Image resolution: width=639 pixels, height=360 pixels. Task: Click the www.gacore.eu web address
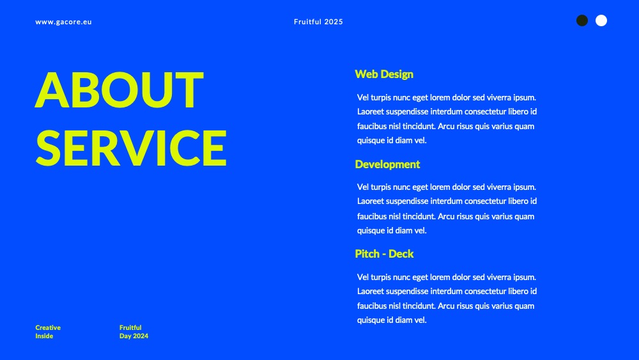point(63,22)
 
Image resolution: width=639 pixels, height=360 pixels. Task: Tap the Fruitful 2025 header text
point(318,22)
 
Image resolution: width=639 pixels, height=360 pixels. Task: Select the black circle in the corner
point(582,20)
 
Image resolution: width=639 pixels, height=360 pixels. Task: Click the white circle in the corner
point(601,20)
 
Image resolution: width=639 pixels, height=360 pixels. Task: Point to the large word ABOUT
point(119,90)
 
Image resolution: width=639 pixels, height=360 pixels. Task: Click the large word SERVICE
point(131,148)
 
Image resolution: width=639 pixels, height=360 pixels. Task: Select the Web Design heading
point(384,74)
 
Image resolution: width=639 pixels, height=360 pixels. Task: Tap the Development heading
point(387,164)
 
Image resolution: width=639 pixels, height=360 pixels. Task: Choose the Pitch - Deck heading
point(384,254)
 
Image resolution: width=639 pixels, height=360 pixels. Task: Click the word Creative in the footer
point(48,327)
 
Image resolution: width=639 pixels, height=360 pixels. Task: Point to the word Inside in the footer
point(44,336)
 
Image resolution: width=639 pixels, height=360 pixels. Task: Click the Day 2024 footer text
point(134,336)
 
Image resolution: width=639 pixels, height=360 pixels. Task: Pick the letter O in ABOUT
point(119,90)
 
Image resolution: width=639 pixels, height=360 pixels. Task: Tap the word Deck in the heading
point(401,254)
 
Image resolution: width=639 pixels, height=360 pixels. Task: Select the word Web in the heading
point(366,74)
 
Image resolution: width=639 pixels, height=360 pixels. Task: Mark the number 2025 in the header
point(334,22)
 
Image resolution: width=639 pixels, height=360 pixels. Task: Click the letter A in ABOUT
point(52,90)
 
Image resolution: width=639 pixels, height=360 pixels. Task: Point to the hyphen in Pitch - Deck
point(384,254)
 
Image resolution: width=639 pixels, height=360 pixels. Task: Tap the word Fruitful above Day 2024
point(130,327)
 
